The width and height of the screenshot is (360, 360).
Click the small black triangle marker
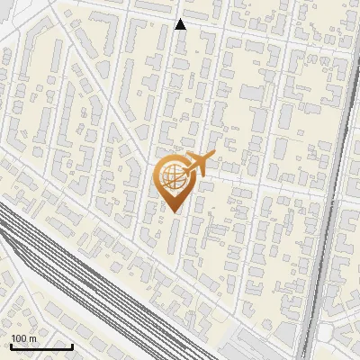click(x=180, y=24)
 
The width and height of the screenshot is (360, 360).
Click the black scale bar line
click(x=41, y=346)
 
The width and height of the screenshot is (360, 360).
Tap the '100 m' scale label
click(x=22, y=338)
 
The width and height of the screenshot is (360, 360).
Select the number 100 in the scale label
click(x=18, y=338)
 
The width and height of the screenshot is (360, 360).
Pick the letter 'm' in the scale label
click(x=31, y=338)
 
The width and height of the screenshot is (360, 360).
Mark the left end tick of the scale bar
click(x=11, y=345)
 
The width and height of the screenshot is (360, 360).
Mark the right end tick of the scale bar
click(x=72, y=345)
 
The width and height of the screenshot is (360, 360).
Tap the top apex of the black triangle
click(x=180, y=19)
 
